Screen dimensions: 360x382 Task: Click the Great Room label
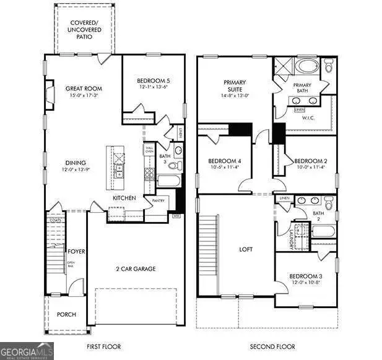pyautogui.click(x=84, y=88)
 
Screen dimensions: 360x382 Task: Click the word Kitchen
pyautogui.click(x=124, y=198)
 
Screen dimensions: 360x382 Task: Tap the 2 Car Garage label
pyautogui.click(x=136, y=268)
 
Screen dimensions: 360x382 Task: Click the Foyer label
pyautogui.click(x=77, y=252)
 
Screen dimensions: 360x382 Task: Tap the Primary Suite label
pyautogui.click(x=235, y=85)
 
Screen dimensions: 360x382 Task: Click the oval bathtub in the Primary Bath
pyautogui.click(x=305, y=66)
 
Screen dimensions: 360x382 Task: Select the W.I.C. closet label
pyautogui.click(x=308, y=118)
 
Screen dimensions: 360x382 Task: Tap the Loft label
pyautogui.click(x=246, y=250)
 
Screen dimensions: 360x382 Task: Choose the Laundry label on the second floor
pyautogui.click(x=290, y=238)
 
